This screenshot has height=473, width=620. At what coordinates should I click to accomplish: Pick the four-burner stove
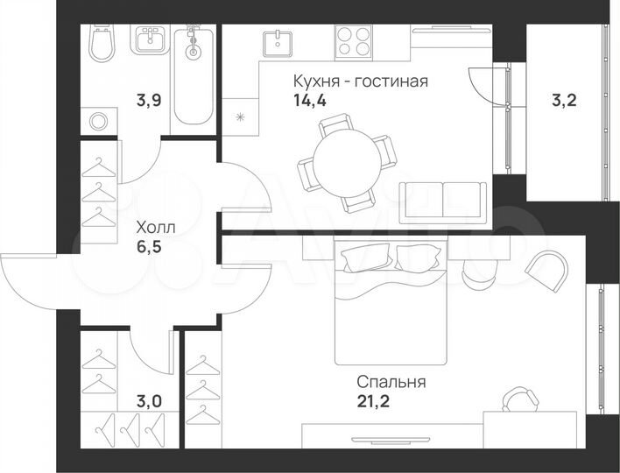coord(354,39)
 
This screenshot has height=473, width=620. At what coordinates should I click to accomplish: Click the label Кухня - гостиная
coord(360,82)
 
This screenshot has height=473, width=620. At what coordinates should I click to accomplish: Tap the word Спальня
coord(391,382)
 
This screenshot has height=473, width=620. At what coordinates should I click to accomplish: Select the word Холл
coord(155,227)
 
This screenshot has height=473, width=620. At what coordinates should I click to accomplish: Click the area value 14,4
coord(309,100)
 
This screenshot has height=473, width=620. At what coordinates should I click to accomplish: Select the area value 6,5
coord(147,246)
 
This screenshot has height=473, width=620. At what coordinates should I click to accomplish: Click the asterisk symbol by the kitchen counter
coord(240,116)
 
